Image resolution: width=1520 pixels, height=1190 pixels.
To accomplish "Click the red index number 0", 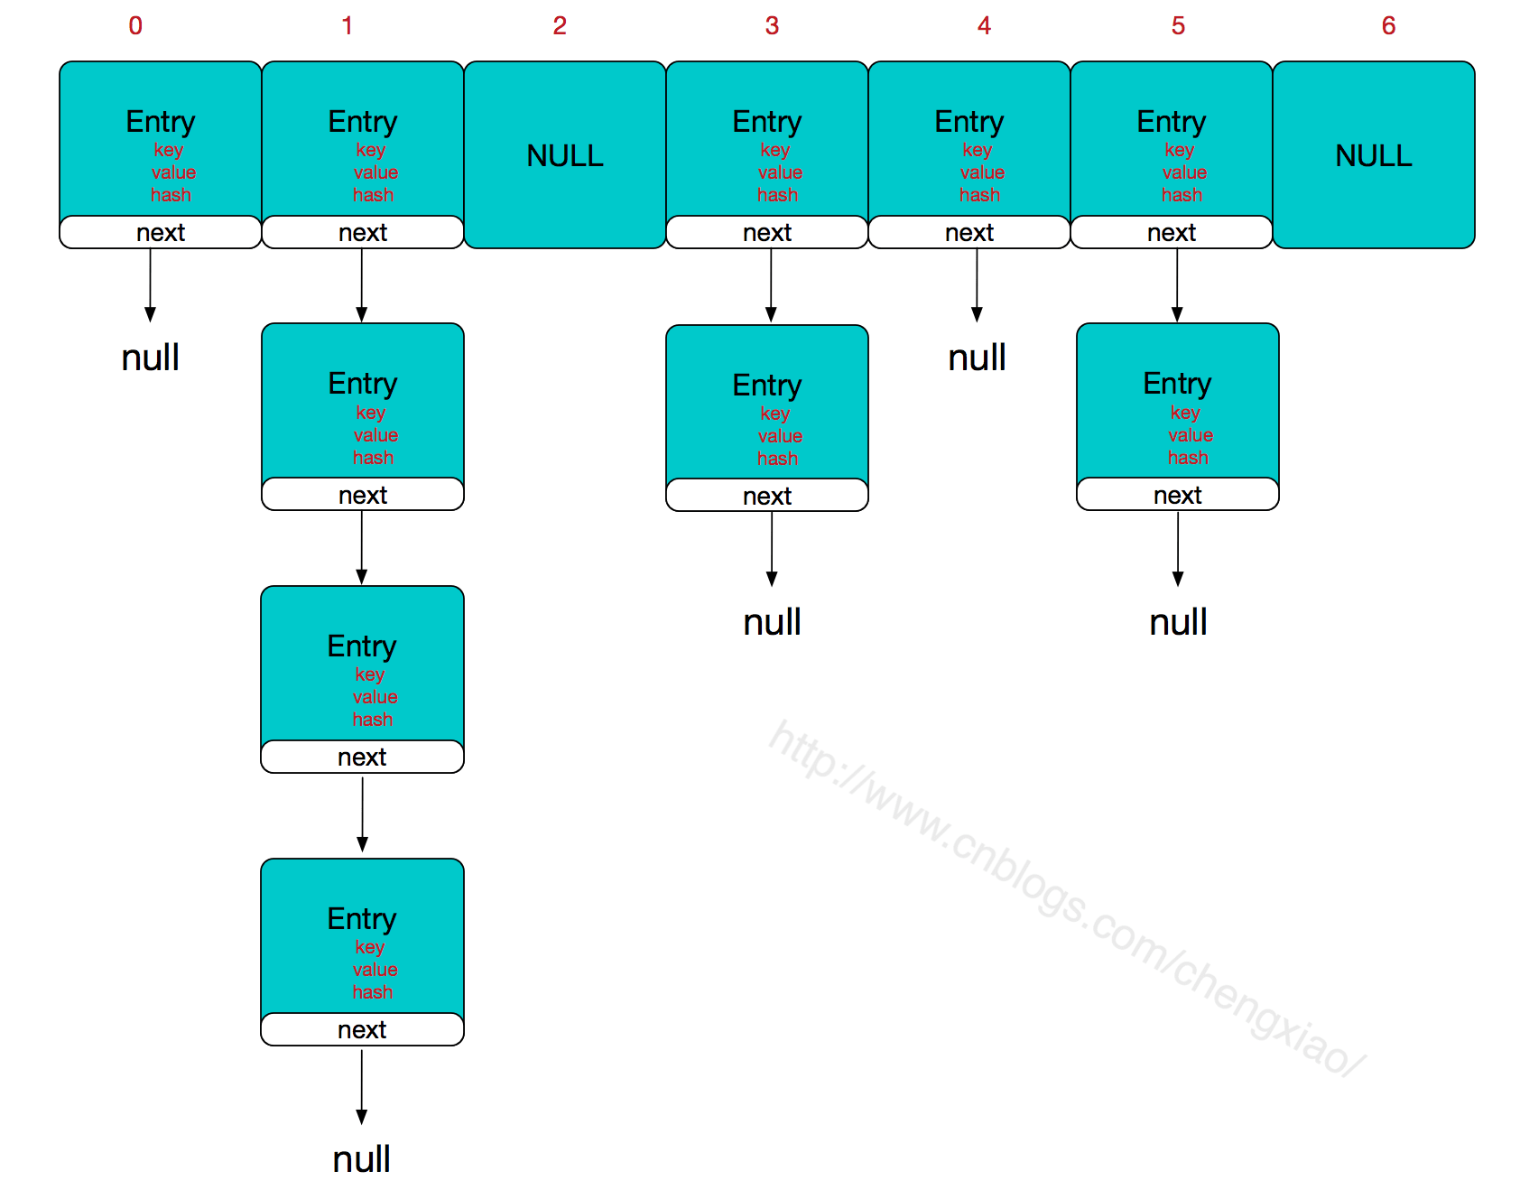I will point(135,25).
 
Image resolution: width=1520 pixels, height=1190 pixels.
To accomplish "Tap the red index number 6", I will point(1388,25).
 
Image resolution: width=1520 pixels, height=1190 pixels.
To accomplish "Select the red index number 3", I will point(772,25).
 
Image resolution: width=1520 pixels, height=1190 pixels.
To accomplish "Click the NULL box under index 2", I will point(565,155).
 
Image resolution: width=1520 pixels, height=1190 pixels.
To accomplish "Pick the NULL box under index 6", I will point(1373,155).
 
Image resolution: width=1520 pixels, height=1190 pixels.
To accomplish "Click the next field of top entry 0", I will point(161,232).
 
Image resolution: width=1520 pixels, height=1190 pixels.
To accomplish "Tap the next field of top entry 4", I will point(969,232).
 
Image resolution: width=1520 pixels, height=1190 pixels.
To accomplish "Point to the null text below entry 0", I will point(151,358).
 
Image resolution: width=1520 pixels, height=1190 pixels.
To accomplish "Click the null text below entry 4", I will point(977,358).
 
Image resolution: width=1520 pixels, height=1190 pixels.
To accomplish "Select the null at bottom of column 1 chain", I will point(361,1158).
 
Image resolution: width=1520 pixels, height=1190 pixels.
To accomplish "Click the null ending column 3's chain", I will point(772,622).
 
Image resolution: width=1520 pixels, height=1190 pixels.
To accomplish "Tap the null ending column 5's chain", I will point(1178,622).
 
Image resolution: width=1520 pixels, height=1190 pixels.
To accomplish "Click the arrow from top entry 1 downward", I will point(362,284).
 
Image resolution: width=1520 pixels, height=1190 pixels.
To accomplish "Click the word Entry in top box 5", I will point(1171,121).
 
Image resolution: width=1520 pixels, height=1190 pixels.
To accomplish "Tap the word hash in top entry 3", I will point(777,195).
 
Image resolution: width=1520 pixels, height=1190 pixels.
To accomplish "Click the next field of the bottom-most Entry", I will point(362,1029).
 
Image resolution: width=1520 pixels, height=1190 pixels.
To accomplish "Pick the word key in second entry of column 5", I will point(1184,412).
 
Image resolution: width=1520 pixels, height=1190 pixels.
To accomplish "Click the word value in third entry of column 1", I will point(375,697).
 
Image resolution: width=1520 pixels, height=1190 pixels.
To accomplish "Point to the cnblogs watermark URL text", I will point(1065,898).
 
